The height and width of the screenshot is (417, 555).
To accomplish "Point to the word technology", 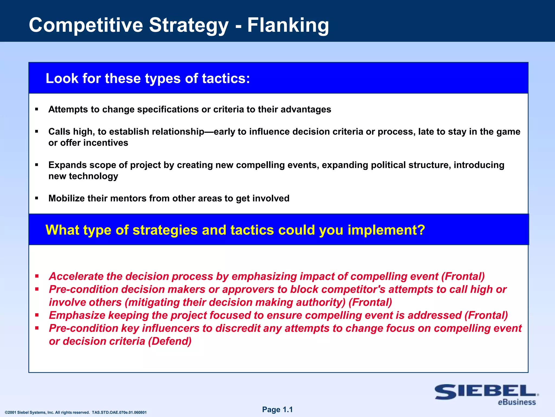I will pyautogui.click(x=93, y=176).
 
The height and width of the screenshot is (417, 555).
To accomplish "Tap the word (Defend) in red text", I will pyautogui.click(x=170, y=341).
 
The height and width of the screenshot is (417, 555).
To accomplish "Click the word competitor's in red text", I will pyautogui.click(x=338, y=289).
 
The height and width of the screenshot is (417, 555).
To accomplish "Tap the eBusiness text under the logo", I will pyautogui.click(x=517, y=402).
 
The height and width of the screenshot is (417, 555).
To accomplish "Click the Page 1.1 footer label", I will pyautogui.click(x=277, y=410).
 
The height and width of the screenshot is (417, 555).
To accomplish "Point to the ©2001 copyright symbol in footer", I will pyautogui.click(x=7, y=413).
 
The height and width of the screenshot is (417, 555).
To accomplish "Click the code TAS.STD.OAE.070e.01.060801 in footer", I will pyautogui.click(x=119, y=413).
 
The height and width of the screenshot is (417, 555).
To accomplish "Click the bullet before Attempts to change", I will pyautogui.click(x=37, y=109).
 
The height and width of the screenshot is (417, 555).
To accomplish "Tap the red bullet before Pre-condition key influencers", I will pyautogui.click(x=37, y=328).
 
